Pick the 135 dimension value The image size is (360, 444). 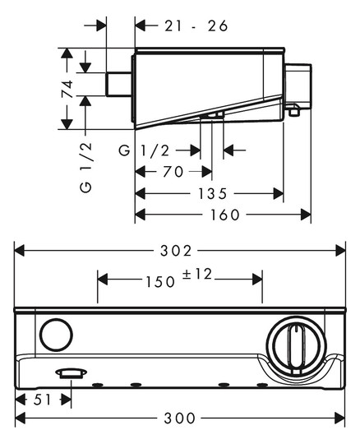coord(211,194)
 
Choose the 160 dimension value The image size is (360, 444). coord(223,215)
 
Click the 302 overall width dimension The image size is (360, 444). coord(180,249)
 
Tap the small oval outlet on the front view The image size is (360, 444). coord(70,373)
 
